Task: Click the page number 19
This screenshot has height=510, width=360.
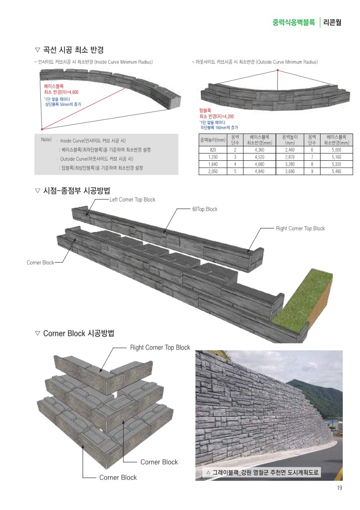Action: [x=339, y=488]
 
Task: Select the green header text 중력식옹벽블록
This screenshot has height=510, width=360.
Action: [x=294, y=21]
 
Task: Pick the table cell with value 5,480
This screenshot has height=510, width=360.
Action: [x=336, y=171]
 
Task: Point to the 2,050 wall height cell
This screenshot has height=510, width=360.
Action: [x=212, y=171]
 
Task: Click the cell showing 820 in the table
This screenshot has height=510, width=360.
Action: [x=212, y=150]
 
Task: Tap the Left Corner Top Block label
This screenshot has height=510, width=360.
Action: [x=133, y=199]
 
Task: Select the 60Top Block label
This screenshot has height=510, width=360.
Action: [x=205, y=209]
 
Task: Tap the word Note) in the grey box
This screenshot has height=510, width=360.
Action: [x=46, y=139]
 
